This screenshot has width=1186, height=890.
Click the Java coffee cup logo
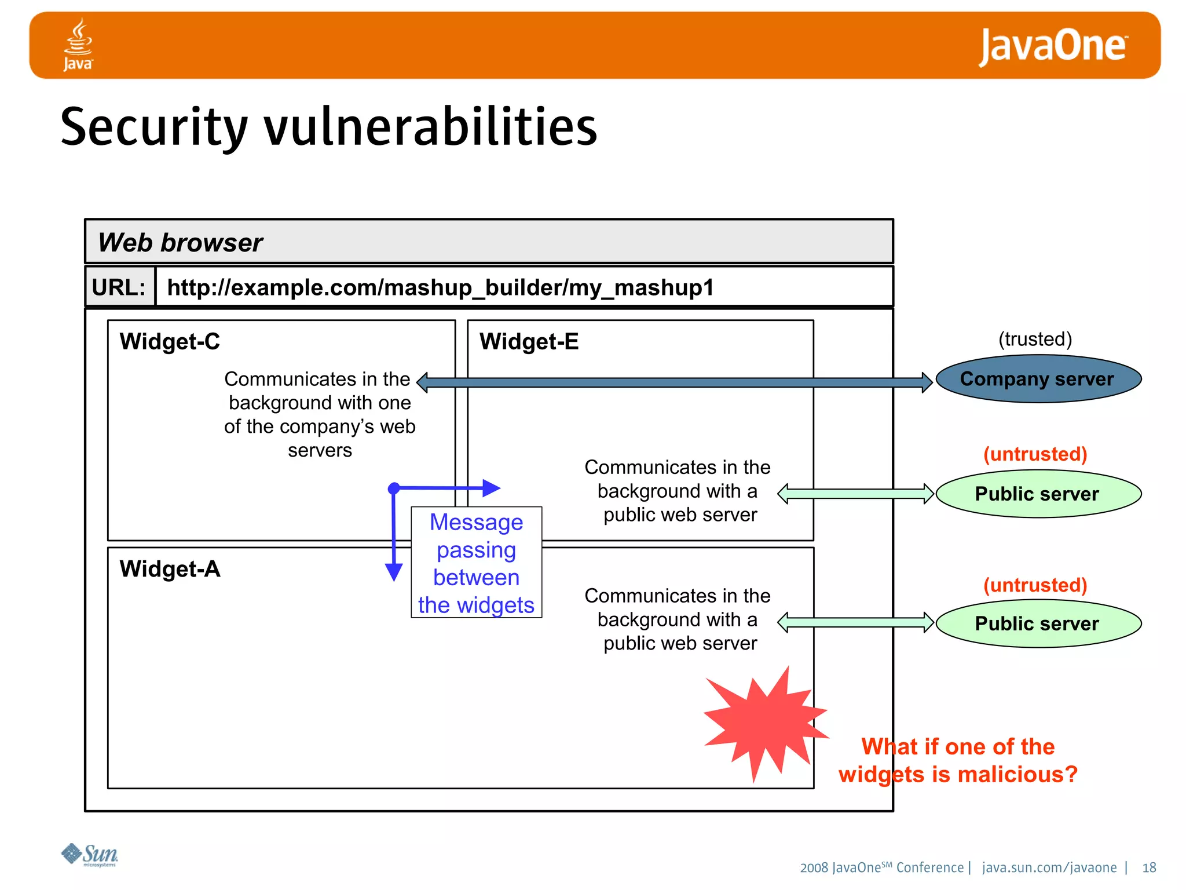pyautogui.click(x=78, y=44)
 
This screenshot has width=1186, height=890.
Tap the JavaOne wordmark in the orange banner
pyautogui.click(x=1052, y=46)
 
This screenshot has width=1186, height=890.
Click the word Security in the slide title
pyautogui.click(x=154, y=127)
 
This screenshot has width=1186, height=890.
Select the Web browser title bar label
pyautogui.click(x=180, y=242)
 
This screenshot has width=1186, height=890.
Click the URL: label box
pyautogui.click(x=119, y=287)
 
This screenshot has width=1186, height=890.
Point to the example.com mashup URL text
pyautogui.click(x=440, y=287)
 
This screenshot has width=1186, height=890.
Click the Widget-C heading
pyautogui.click(x=170, y=341)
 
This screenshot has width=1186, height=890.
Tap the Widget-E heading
pyautogui.click(x=529, y=341)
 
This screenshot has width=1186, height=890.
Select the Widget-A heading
pyautogui.click(x=170, y=568)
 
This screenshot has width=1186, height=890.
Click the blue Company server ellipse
pyautogui.click(x=1038, y=379)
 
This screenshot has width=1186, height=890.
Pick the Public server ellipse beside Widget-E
pyautogui.click(x=1038, y=494)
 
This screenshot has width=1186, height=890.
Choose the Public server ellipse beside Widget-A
pyautogui.click(x=1038, y=623)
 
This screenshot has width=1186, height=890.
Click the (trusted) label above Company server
pyautogui.click(x=1035, y=339)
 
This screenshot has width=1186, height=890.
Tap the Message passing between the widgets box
pyautogui.click(x=476, y=563)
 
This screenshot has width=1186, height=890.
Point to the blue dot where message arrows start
pyautogui.click(x=394, y=488)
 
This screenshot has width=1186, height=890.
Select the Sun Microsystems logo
pyautogui.click(x=90, y=855)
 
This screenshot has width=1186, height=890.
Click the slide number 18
pyautogui.click(x=1149, y=867)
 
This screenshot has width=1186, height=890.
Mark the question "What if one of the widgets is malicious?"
pyautogui.click(x=958, y=760)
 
